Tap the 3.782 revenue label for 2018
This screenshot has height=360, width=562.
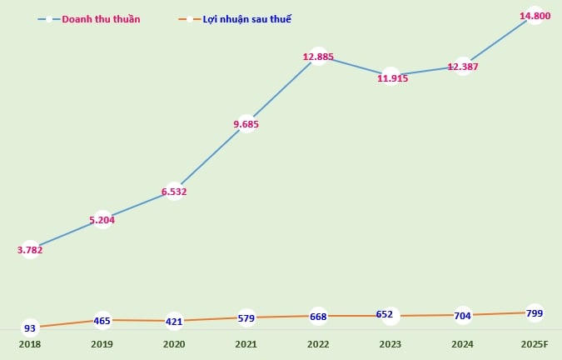click(x=30, y=249)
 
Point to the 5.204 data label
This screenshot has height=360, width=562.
click(x=102, y=221)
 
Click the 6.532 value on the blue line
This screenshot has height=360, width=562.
click(x=174, y=192)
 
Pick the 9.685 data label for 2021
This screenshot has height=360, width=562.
click(x=246, y=125)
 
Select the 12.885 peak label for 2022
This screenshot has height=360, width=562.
click(x=318, y=57)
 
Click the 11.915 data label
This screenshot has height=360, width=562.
click(x=390, y=78)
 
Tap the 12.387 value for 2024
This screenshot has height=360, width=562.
click(x=463, y=67)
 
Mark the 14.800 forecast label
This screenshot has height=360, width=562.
click(x=535, y=16)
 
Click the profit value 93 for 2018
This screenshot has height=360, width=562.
click(x=30, y=328)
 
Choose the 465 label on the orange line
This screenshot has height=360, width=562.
click(x=102, y=320)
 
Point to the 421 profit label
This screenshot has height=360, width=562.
click(x=174, y=321)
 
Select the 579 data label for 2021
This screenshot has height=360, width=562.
click(x=246, y=317)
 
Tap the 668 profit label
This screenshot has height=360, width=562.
click(x=318, y=316)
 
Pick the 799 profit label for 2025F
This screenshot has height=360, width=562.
click(x=535, y=312)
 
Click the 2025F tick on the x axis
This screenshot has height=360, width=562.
click(x=535, y=343)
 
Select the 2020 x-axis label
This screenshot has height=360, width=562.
click(x=174, y=343)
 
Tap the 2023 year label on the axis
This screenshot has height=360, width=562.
click(x=390, y=343)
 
